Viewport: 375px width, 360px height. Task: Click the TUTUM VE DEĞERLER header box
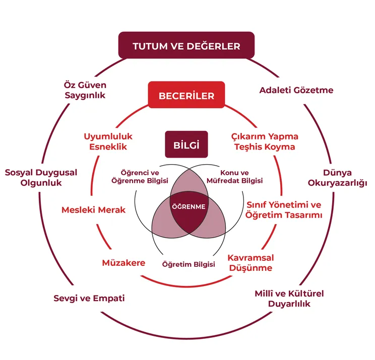click(186, 46)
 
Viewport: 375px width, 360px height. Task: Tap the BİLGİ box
click(186, 145)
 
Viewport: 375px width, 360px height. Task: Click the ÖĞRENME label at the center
click(189, 207)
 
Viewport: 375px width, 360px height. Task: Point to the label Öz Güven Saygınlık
click(85, 90)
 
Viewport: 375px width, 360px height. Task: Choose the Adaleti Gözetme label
click(296, 90)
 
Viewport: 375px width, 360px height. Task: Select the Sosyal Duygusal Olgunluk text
click(41, 178)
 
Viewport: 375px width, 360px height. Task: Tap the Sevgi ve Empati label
click(89, 298)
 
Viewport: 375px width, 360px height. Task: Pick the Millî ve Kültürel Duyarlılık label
click(289, 299)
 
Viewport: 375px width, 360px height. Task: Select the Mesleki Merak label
click(93, 209)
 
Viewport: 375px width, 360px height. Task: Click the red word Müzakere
click(123, 263)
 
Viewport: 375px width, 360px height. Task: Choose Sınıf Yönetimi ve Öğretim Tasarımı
click(283, 210)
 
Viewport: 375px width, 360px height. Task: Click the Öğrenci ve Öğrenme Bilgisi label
click(139, 177)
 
